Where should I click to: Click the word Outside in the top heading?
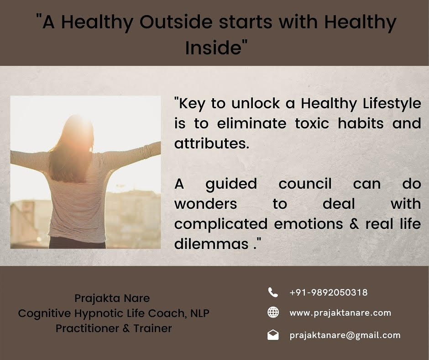point(176,22)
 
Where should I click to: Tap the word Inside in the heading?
point(213,48)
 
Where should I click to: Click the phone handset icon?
point(273,292)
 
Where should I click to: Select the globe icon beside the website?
point(273,312)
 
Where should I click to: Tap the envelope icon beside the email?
point(273,335)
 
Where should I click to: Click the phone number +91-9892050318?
point(328,292)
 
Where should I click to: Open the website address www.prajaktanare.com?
point(340,313)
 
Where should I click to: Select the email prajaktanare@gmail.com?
point(345,335)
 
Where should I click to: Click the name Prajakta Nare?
point(112,298)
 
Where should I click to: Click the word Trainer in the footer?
point(153,328)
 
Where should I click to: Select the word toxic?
point(312,123)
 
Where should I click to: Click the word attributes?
point(212,143)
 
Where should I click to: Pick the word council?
point(305,184)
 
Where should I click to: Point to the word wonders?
point(206,204)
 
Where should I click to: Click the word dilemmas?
point(211,244)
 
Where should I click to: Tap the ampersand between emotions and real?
point(354,224)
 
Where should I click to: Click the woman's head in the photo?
point(79,134)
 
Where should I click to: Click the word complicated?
point(221,224)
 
